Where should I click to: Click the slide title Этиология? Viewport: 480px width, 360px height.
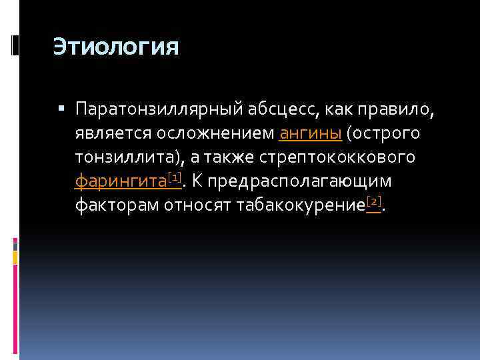pyautogui.click(x=116, y=47)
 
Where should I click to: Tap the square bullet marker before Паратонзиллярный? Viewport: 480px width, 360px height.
pyautogui.click(x=61, y=108)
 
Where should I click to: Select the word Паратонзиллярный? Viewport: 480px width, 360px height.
pyautogui.click(x=157, y=109)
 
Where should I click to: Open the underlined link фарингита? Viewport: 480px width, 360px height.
pyautogui.click(x=120, y=181)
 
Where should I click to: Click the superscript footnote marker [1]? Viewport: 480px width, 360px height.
pyautogui.click(x=175, y=176)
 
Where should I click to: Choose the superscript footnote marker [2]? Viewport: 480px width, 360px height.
pyautogui.click(x=373, y=201)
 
